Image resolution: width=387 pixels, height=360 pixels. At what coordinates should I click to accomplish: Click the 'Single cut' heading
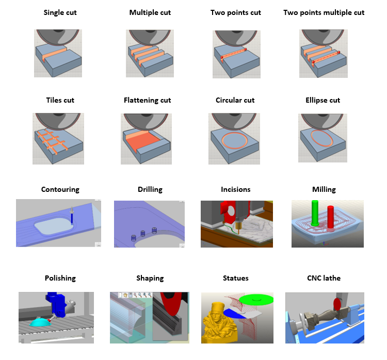60,12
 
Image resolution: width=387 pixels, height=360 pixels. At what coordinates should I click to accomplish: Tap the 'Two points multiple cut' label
324,12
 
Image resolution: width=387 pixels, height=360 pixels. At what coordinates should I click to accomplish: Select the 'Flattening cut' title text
148,100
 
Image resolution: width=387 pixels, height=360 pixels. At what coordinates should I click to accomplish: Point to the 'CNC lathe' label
324,278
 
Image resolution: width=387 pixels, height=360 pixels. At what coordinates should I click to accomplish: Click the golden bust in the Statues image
220,323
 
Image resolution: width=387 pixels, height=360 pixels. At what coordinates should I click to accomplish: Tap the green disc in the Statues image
256,299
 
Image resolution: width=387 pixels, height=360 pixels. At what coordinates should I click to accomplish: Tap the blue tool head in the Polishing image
57,304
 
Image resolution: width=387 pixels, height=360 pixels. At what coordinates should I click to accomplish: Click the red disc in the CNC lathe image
337,304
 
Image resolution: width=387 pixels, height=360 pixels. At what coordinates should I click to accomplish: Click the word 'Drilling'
150,189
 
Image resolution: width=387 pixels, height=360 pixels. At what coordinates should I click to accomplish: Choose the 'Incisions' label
235,189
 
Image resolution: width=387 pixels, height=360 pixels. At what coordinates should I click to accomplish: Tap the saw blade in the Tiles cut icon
58,121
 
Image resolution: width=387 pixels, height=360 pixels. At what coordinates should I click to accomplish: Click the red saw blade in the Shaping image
171,303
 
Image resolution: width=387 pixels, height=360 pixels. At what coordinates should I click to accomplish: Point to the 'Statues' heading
235,278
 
